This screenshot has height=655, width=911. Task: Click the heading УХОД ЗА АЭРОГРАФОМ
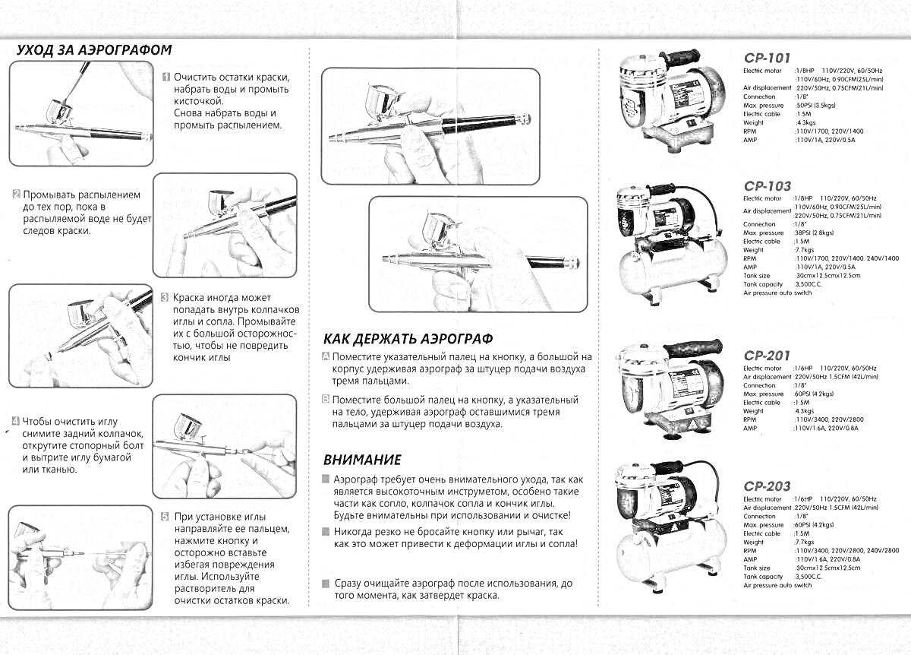(x=94, y=50)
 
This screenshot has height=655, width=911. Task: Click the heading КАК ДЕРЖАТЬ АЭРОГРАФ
(x=408, y=338)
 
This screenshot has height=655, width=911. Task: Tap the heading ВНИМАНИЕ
(x=362, y=460)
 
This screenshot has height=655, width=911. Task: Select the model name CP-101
(x=768, y=58)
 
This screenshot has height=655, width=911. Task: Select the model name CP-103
(x=768, y=185)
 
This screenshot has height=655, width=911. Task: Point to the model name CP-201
(x=768, y=356)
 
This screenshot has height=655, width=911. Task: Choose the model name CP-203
(x=768, y=486)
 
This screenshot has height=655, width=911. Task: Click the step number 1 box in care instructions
(x=165, y=78)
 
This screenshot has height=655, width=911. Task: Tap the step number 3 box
(x=165, y=298)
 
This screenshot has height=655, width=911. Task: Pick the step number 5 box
(x=165, y=516)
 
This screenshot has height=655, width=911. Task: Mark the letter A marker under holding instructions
(x=326, y=356)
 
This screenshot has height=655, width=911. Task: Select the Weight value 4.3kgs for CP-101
(x=806, y=123)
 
